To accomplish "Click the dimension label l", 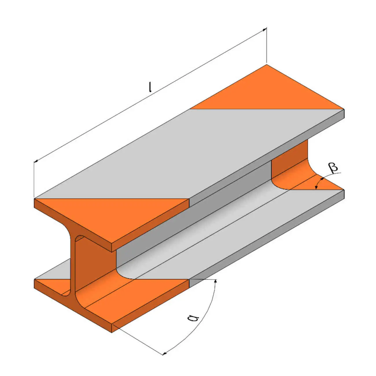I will click(150, 87).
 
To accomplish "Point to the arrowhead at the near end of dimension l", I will click(36, 161).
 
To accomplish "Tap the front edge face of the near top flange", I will click(150, 226).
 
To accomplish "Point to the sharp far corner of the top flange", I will click(266, 65).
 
